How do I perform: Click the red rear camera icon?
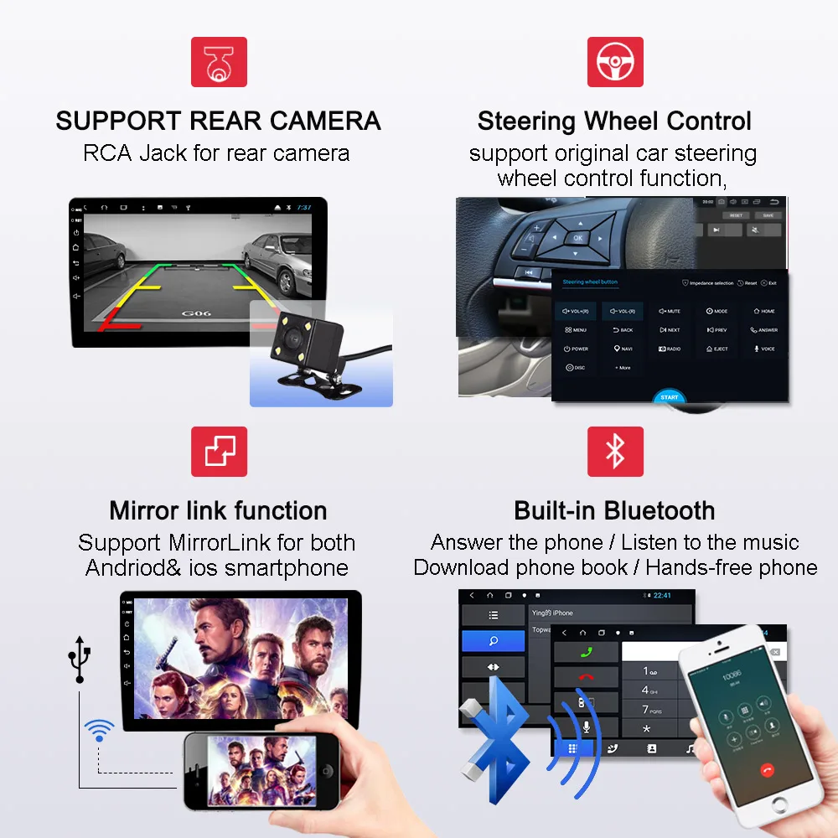[219, 61]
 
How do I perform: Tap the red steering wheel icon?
[615, 61]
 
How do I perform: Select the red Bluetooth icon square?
[615, 451]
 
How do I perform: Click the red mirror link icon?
[219, 451]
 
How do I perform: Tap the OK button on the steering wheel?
[577, 238]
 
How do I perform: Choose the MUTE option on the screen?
[670, 311]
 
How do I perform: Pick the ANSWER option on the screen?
[764, 330]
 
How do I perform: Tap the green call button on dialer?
[586, 653]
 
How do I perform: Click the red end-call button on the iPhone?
[765, 769]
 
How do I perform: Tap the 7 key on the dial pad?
[646, 710]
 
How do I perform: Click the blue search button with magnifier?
[494, 641]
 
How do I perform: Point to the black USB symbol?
[79, 657]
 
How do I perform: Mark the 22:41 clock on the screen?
[662, 596]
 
